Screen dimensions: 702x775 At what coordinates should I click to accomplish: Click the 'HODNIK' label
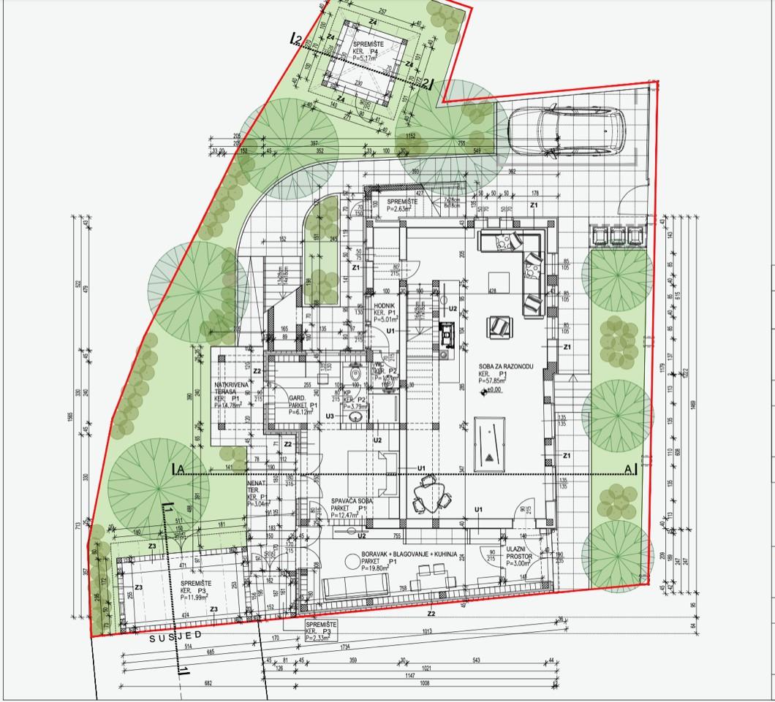385,305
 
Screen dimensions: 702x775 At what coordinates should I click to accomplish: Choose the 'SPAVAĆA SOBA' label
352,500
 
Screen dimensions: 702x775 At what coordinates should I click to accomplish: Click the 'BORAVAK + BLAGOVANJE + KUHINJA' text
408,555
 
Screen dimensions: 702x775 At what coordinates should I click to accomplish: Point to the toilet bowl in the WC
356,375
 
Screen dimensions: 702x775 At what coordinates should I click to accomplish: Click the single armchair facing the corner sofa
501,324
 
